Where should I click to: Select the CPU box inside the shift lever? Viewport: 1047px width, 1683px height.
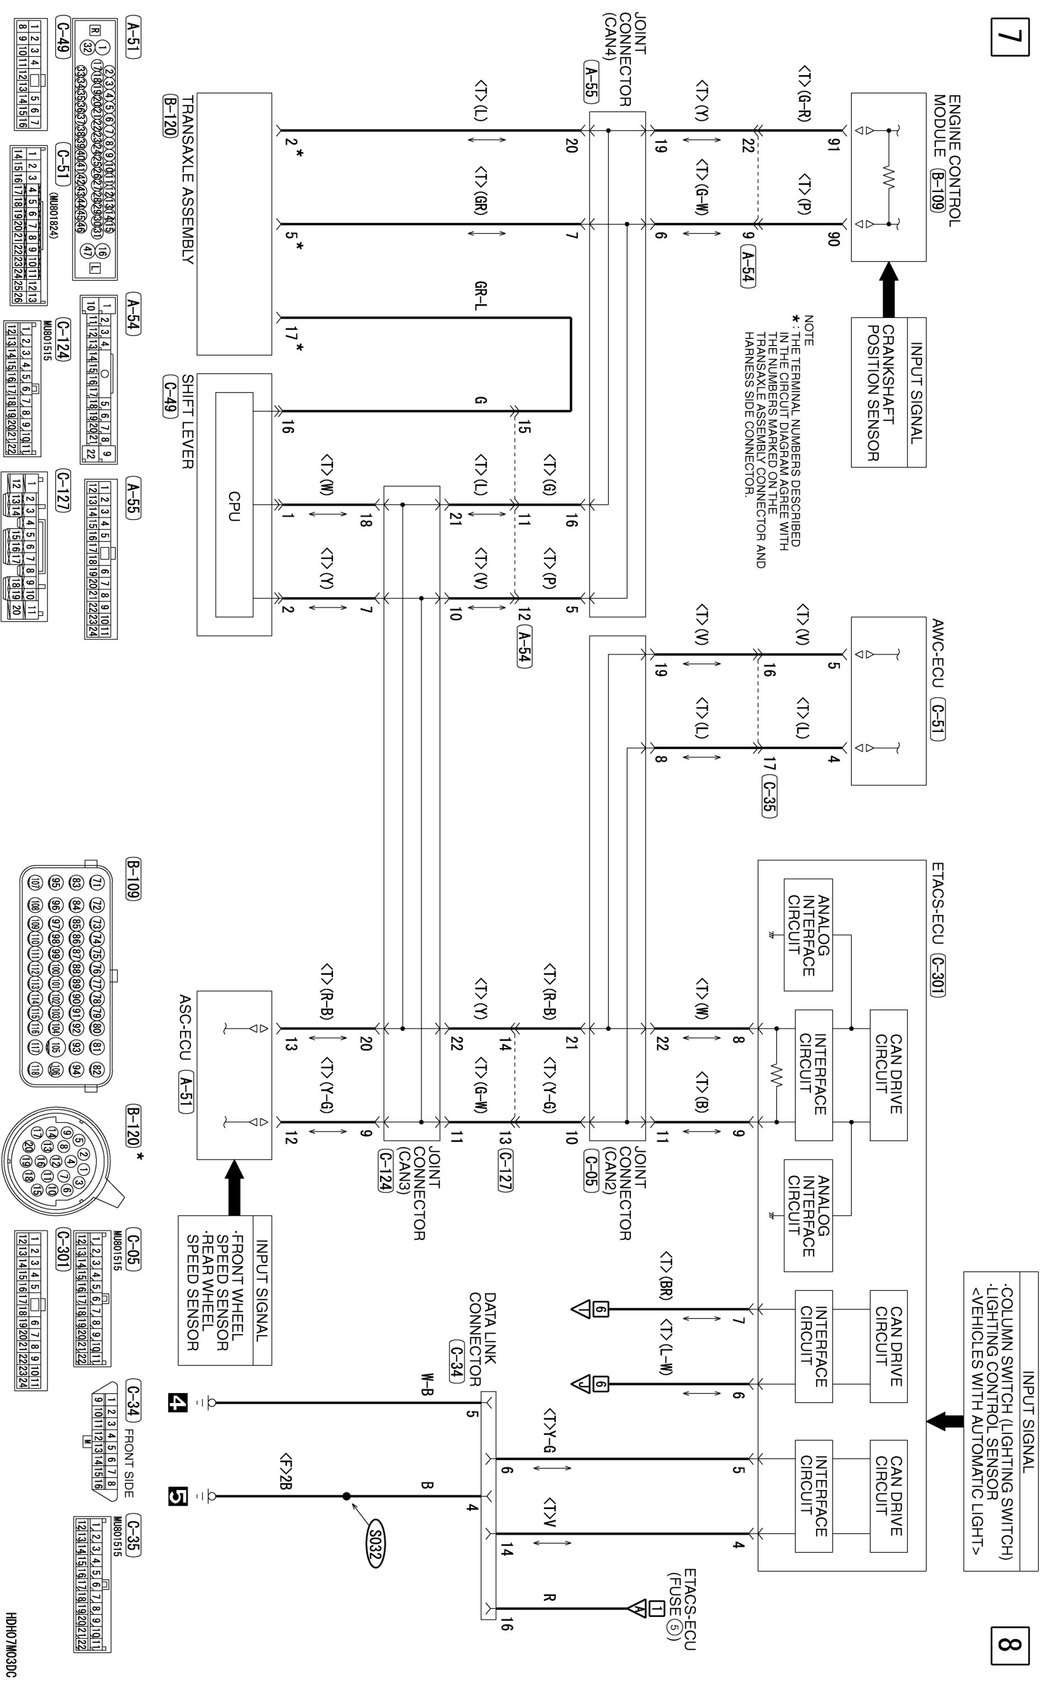pyautogui.click(x=233, y=505)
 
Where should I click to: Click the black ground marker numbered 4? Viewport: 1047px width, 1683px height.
pyautogui.click(x=178, y=1403)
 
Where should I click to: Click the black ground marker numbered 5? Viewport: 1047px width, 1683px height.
pyautogui.click(x=178, y=1497)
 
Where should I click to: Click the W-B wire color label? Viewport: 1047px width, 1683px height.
pyautogui.click(x=427, y=1382)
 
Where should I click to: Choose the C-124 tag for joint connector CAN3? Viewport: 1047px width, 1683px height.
pyautogui.click(x=385, y=1170)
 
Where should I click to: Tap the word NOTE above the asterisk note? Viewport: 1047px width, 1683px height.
pyautogui.click(x=809, y=331)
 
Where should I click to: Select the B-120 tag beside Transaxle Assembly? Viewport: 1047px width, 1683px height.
pyautogui.click(x=170, y=116)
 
